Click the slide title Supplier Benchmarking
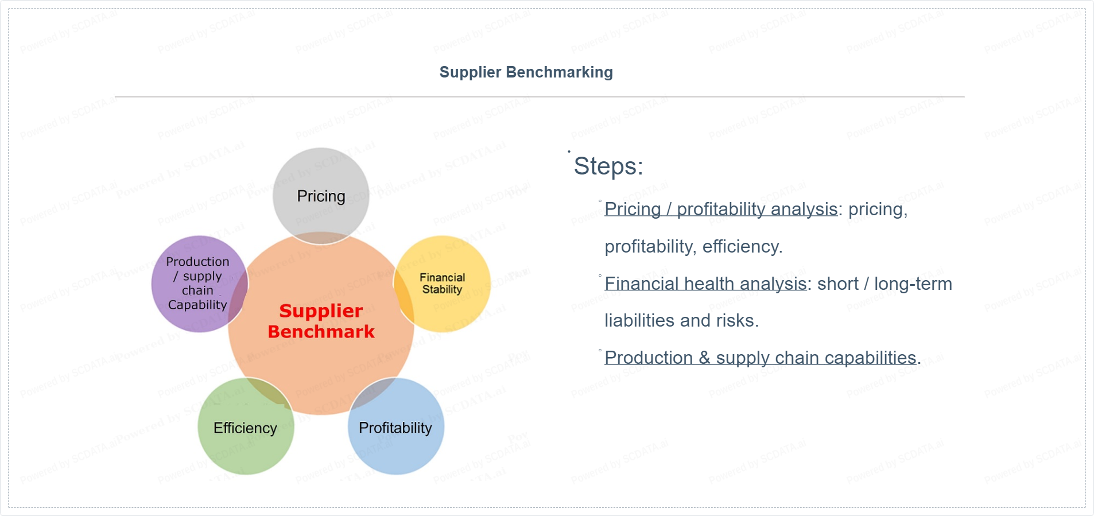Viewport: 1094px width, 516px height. click(x=526, y=72)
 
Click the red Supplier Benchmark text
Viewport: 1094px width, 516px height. click(x=321, y=321)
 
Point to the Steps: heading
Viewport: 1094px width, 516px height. click(x=608, y=166)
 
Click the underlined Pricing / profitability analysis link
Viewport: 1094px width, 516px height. click(x=721, y=209)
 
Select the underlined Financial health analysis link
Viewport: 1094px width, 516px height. click(x=705, y=284)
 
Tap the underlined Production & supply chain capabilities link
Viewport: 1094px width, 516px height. click(x=760, y=358)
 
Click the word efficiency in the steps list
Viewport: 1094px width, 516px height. click(x=742, y=247)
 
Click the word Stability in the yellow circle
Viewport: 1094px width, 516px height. click(x=442, y=289)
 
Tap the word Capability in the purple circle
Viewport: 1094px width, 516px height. click(x=197, y=305)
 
